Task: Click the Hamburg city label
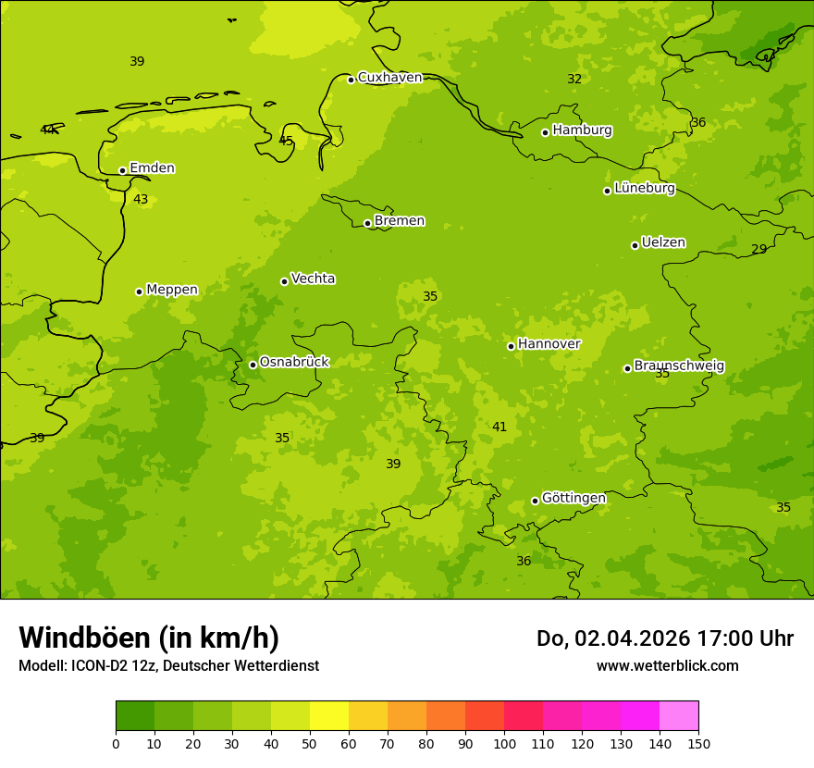click(x=582, y=130)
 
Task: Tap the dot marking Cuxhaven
click(x=351, y=80)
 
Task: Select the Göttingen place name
click(x=573, y=499)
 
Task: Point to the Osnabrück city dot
click(x=253, y=365)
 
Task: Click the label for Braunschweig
click(x=679, y=366)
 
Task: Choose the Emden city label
click(x=152, y=168)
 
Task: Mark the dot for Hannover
click(x=511, y=346)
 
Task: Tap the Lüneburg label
click(x=645, y=189)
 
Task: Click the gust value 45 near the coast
click(x=286, y=142)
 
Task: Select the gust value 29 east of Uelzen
click(x=758, y=250)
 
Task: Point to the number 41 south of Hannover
click(x=499, y=427)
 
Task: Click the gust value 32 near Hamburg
click(x=574, y=80)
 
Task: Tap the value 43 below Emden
click(x=141, y=200)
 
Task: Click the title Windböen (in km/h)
click(x=149, y=638)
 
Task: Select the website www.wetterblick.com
click(x=667, y=666)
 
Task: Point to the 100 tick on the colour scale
click(x=504, y=743)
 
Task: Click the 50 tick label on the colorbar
click(x=310, y=743)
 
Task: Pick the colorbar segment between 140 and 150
click(x=679, y=716)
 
